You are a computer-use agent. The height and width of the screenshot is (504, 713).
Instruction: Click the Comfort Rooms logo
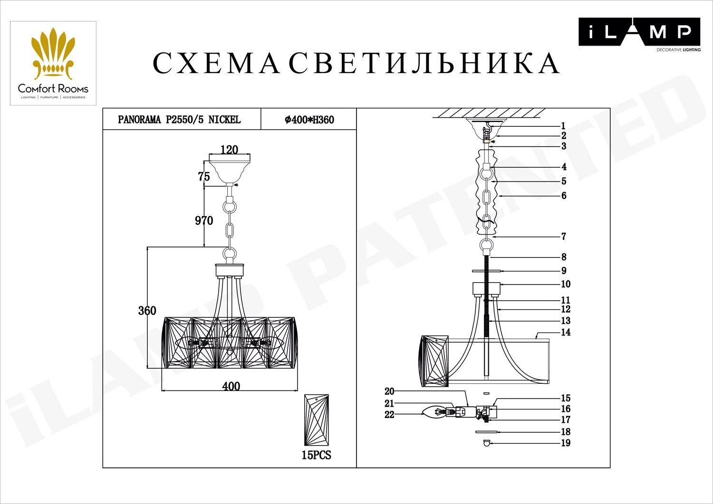[53, 63]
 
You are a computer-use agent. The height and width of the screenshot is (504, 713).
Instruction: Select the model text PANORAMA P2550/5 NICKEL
[179, 120]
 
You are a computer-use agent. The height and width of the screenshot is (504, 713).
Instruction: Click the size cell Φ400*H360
[309, 120]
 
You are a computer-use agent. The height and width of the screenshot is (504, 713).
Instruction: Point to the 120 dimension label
[230, 150]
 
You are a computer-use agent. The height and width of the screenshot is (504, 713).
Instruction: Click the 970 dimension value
[204, 220]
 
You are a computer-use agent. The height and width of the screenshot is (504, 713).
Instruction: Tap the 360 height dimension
[147, 311]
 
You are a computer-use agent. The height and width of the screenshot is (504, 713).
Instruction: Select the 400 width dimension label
[231, 386]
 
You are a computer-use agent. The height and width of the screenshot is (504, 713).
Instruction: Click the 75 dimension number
[204, 177]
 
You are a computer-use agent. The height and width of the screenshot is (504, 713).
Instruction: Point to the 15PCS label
[316, 455]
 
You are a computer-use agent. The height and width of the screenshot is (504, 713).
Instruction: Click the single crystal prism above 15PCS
[317, 419]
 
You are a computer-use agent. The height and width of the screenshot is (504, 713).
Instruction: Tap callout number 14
[566, 332]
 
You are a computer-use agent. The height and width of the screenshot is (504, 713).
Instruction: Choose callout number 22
[389, 415]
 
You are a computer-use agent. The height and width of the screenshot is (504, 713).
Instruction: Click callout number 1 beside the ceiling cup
[563, 126]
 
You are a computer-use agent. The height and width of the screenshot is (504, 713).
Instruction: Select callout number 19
[566, 443]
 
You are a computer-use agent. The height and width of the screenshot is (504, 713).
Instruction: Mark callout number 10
[566, 284]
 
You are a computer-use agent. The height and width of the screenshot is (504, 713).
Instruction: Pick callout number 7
[564, 236]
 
